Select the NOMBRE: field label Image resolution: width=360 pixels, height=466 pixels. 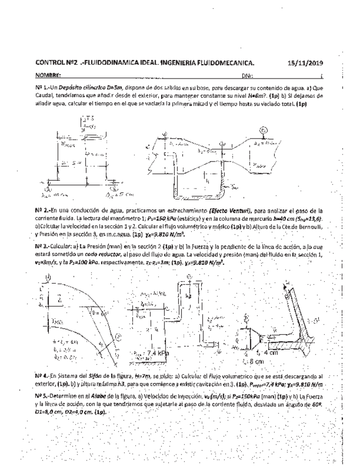(48, 75)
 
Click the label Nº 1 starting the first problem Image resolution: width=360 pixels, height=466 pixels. (41, 87)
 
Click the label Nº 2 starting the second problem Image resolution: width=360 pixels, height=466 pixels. (41, 210)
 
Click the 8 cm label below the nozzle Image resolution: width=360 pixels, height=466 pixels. (260, 362)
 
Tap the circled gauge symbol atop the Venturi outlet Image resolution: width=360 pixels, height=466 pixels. (263, 130)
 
